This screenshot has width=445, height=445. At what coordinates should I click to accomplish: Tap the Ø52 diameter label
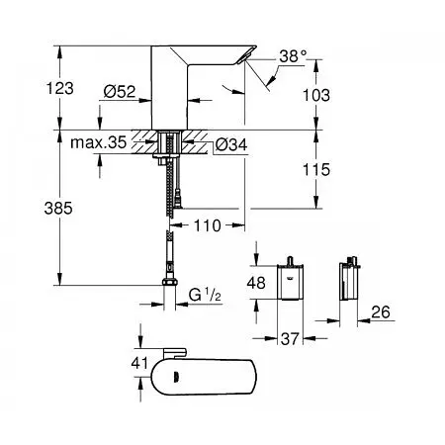[x=120, y=92]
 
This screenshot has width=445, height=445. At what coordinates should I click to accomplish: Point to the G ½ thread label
[x=205, y=294]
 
